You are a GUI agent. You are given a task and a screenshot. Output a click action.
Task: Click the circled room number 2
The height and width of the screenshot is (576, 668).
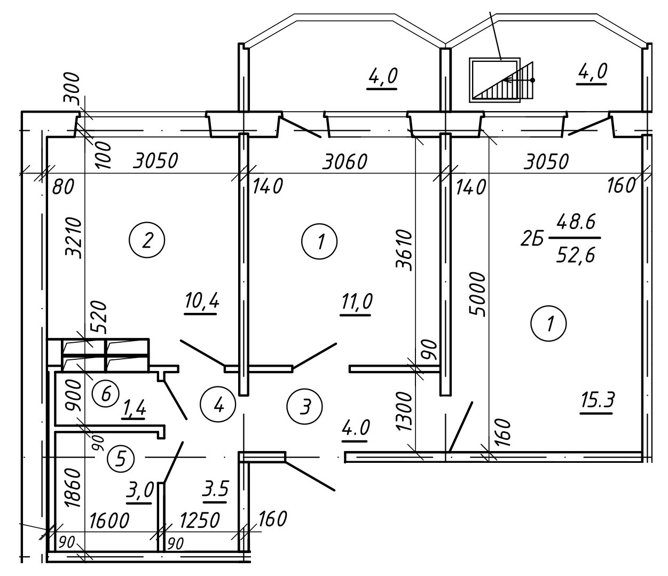click(x=147, y=240)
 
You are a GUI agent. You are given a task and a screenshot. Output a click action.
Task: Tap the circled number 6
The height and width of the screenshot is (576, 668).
click(x=105, y=393)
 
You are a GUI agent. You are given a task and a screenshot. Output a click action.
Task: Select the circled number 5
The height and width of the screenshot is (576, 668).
click(x=121, y=459)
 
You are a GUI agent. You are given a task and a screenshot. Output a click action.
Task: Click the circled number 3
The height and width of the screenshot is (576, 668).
click(x=304, y=406)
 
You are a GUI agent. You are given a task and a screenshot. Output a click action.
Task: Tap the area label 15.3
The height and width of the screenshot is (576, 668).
click(x=598, y=400)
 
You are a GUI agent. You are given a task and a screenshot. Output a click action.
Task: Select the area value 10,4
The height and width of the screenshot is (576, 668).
click(x=202, y=302)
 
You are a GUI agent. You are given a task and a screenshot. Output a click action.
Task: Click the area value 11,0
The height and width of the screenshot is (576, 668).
click(x=357, y=301)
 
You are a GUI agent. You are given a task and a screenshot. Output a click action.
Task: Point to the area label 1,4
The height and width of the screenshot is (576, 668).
click(x=134, y=408)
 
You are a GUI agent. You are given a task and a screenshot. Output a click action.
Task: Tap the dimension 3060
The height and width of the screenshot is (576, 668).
click(x=345, y=162)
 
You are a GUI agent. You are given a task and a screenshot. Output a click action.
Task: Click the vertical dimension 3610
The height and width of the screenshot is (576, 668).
click(x=404, y=250)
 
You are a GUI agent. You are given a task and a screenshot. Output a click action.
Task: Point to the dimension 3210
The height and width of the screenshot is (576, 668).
click(x=73, y=238)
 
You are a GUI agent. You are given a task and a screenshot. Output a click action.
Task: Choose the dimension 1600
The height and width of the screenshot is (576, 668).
click(x=109, y=520)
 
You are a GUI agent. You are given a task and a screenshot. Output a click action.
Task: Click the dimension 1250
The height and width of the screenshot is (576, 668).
click(x=199, y=520)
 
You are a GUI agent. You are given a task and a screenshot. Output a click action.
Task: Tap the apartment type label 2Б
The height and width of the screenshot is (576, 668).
click(x=532, y=240)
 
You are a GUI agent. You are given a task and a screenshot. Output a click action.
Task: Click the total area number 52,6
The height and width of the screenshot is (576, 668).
click(x=576, y=256)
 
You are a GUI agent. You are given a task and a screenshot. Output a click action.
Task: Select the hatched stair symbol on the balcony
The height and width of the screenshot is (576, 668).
click(x=501, y=80)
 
